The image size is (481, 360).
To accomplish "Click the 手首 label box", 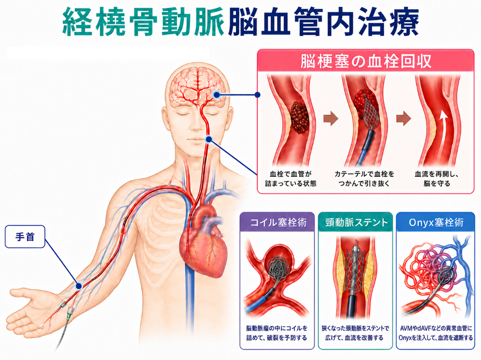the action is [x=25, y=237].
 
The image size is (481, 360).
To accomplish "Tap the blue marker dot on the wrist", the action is [x=79, y=286].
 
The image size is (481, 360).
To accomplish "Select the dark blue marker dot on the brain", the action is [x=217, y=95].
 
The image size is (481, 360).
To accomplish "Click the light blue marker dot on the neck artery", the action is [x=209, y=139].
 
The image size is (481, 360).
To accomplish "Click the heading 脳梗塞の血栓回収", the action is [x=365, y=61].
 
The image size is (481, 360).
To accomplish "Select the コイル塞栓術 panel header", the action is [x=277, y=222].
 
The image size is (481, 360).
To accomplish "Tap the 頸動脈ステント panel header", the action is [x=356, y=222].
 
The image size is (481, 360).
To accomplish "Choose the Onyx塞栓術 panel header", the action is [x=435, y=222].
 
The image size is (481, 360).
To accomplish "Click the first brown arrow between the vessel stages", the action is [x=331, y=118].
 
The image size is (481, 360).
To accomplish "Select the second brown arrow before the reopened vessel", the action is [x=403, y=118].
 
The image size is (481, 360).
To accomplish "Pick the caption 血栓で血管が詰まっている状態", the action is [x=291, y=179].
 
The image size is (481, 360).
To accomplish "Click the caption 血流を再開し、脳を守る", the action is [x=437, y=179].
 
